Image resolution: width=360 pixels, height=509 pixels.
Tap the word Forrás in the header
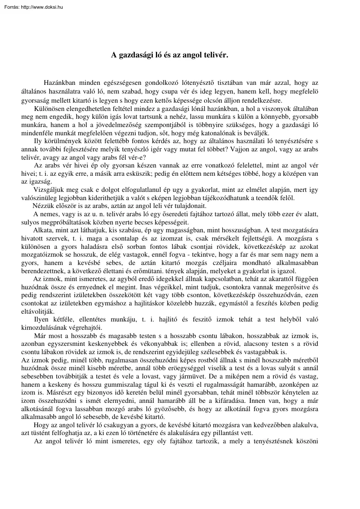tap(10, 7)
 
